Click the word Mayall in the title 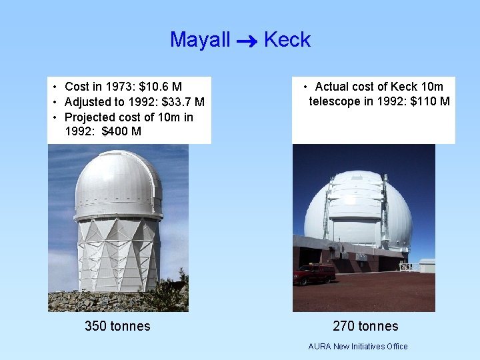pyautogui.click(x=199, y=40)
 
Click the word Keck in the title pyautogui.click(x=287, y=40)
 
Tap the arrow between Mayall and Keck pyautogui.click(x=247, y=41)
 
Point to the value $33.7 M pyautogui.click(x=183, y=102)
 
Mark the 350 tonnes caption pyautogui.click(x=117, y=326)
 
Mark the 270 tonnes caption pyautogui.click(x=365, y=326)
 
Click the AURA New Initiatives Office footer pyautogui.click(x=358, y=346)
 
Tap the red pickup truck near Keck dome pyautogui.click(x=314, y=273)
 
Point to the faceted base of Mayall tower pyautogui.click(x=118, y=253)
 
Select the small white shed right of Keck pyautogui.click(x=427, y=265)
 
